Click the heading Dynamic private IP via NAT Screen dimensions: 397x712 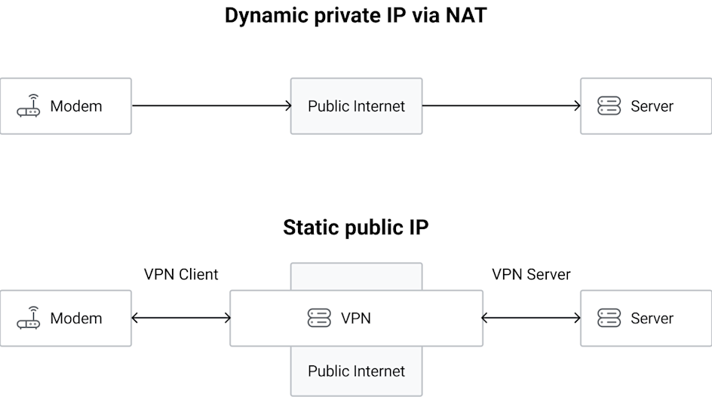coord(355,16)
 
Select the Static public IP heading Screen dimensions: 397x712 coord(355,228)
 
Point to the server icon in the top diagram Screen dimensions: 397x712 coord(609,106)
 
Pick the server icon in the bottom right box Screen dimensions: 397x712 coord(609,319)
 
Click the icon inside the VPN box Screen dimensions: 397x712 coord(320,319)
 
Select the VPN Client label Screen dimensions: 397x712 coord(181,274)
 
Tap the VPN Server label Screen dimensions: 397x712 coord(531,274)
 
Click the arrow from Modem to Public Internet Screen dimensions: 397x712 coord(211,106)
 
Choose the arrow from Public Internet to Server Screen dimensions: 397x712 coord(501,106)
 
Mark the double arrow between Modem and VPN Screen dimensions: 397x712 coord(181,319)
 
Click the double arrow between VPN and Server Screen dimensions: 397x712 coord(531,319)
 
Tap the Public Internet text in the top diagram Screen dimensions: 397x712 coord(356,106)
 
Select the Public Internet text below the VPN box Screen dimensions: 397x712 coord(356,371)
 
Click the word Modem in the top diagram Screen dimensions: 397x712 coord(75,106)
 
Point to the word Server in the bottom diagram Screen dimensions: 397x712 coord(652,319)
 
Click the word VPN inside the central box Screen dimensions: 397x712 coord(356,319)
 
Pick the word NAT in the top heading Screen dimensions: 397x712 coord(465,16)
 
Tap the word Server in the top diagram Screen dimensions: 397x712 coord(652,106)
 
